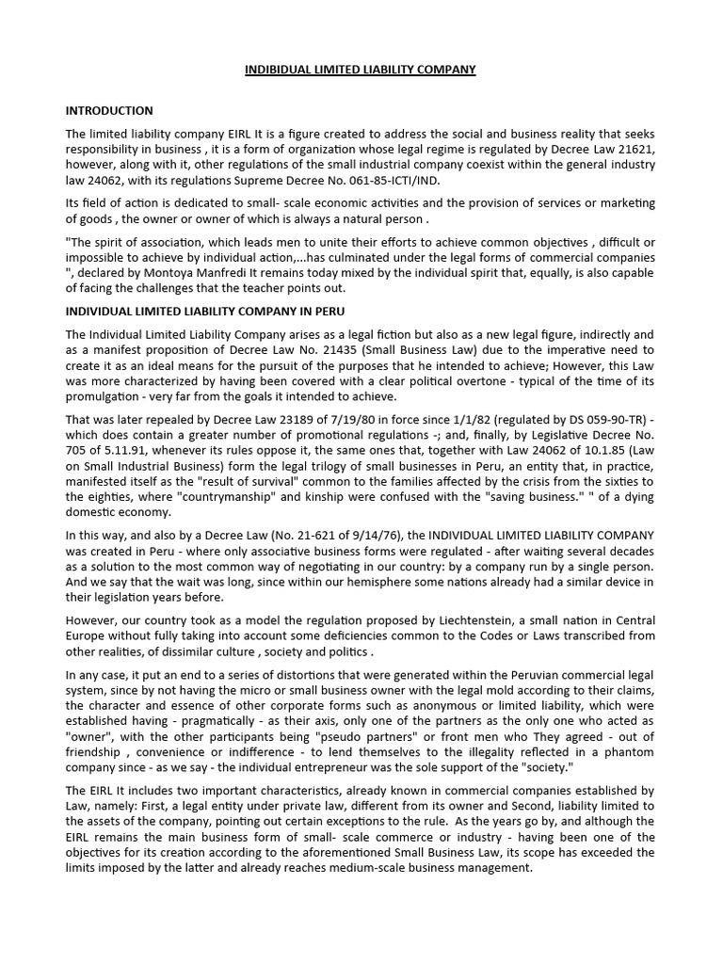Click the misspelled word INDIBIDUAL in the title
280,70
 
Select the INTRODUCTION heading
109,111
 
